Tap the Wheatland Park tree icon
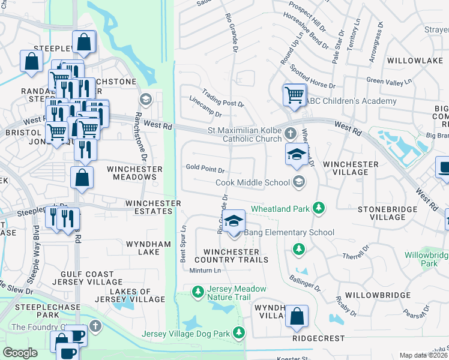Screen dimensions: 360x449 (x=319, y=208)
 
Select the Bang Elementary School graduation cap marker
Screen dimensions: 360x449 (x=235, y=221)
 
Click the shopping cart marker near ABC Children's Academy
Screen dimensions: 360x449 (x=294, y=95)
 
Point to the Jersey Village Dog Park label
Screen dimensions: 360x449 (x=186, y=334)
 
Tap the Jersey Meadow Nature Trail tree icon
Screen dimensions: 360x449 (x=197, y=292)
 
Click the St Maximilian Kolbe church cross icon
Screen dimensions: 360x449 (x=291, y=133)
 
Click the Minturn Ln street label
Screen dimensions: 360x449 (x=205, y=270)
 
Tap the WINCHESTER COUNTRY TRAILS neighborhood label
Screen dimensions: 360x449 (x=231, y=256)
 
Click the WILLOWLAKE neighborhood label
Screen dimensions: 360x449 (x=410, y=61)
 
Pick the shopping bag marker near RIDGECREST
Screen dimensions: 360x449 (x=297, y=316)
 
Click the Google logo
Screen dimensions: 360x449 (x=20, y=353)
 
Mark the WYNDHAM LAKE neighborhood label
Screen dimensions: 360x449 (x=143, y=248)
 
